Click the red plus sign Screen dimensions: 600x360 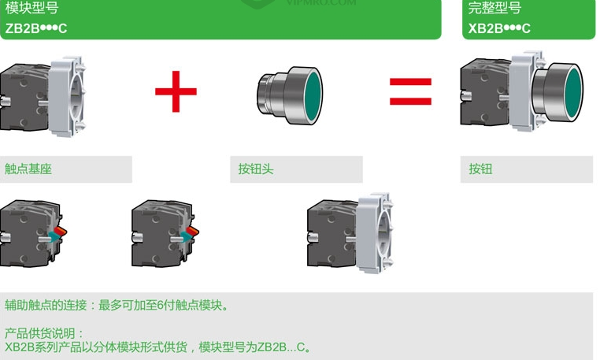pyautogui.click(x=176, y=91)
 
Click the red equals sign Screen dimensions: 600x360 pyautogui.click(x=410, y=91)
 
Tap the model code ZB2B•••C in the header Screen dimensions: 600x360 pyautogui.click(x=36, y=28)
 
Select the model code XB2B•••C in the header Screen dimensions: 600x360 pyautogui.click(x=499, y=28)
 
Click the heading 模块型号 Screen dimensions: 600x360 pyautogui.click(x=31, y=8)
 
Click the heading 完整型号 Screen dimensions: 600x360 pyautogui.click(x=494, y=8)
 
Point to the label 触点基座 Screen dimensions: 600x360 pyautogui.click(x=28, y=169)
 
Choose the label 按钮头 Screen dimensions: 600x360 pyautogui.click(x=256, y=169)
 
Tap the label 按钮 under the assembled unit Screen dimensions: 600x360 pyautogui.click(x=480, y=169)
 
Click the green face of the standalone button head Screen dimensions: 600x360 pyautogui.click(x=313, y=95)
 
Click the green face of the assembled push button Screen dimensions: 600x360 pyautogui.click(x=573, y=92)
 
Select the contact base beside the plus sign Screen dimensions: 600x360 pyautogui.click(x=42, y=97)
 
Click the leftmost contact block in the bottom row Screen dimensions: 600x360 pyautogui.click(x=32, y=233)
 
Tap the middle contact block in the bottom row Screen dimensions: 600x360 pyautogui.click(x=165, y=233)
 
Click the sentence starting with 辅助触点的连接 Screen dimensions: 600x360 pyautogui.click(x=117, y=305)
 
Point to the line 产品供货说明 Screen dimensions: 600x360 pyautogui.click(x=44, y=333)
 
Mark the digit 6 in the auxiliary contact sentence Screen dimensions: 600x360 pyautogui.click(x=161, y=305)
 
